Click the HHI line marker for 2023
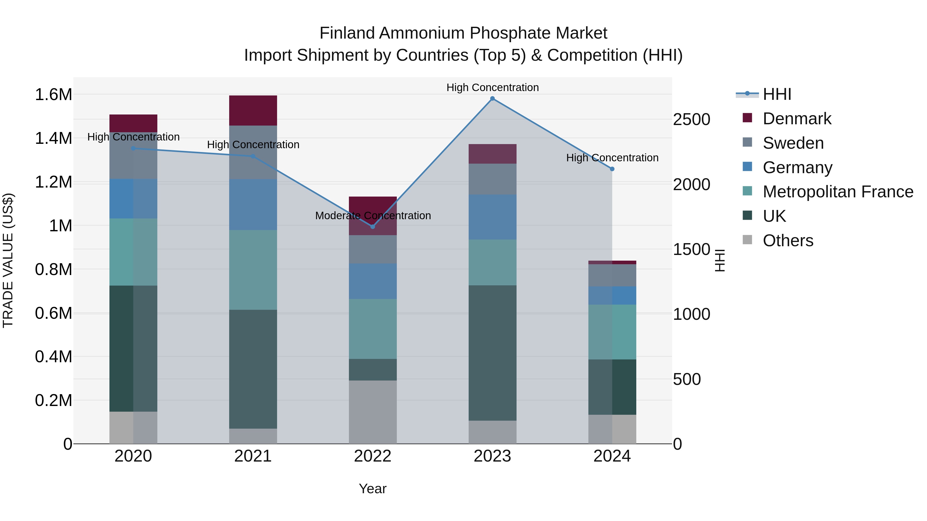click(492, 99)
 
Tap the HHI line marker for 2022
click(372, 226)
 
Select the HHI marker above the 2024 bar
click(612, 169)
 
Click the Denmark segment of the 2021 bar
click(253, 110)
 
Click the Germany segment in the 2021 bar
click(253, 204)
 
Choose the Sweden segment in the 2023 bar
click(492, 179)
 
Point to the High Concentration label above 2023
click(492, 87)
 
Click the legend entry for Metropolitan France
click(838, 192)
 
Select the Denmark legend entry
click(797, 119)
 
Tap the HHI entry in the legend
click(777, 94)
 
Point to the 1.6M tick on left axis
click(53, 95)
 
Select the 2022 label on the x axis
click(372, 456)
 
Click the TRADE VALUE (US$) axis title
click(8, 260)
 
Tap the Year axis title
click(372, 489)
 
